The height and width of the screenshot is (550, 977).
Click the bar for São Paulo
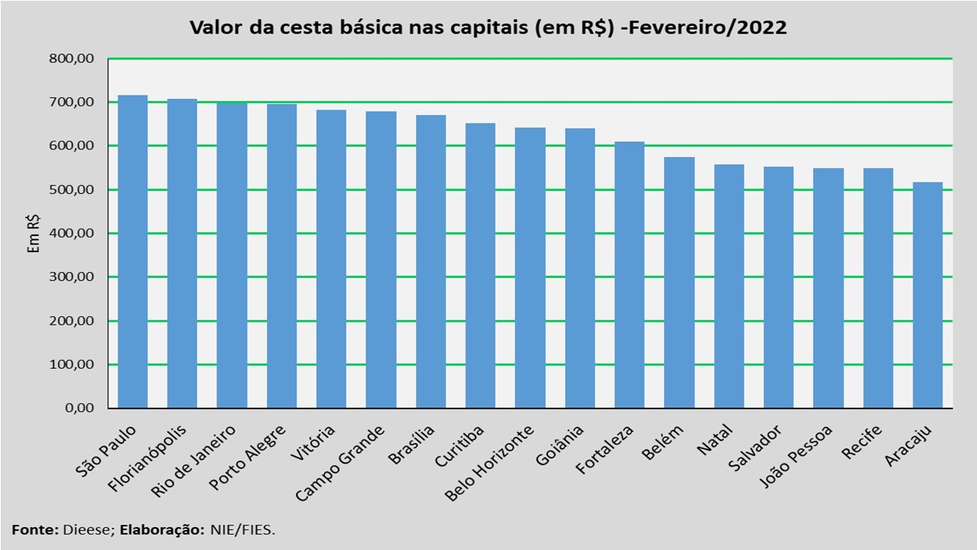point(132,252)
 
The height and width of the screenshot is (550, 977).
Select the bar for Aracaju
point(927,295)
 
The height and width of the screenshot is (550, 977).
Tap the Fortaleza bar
point(629,275)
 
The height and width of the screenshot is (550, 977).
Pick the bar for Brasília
point(430,261)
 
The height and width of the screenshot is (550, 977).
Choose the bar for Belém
point(679,283)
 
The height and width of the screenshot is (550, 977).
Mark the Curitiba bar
point(480,266)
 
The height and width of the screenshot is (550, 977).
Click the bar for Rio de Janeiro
point(231,255)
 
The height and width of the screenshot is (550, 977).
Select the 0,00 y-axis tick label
point(79,408)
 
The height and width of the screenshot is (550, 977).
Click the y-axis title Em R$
point(34,232)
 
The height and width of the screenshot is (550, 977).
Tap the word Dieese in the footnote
point(92,529)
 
